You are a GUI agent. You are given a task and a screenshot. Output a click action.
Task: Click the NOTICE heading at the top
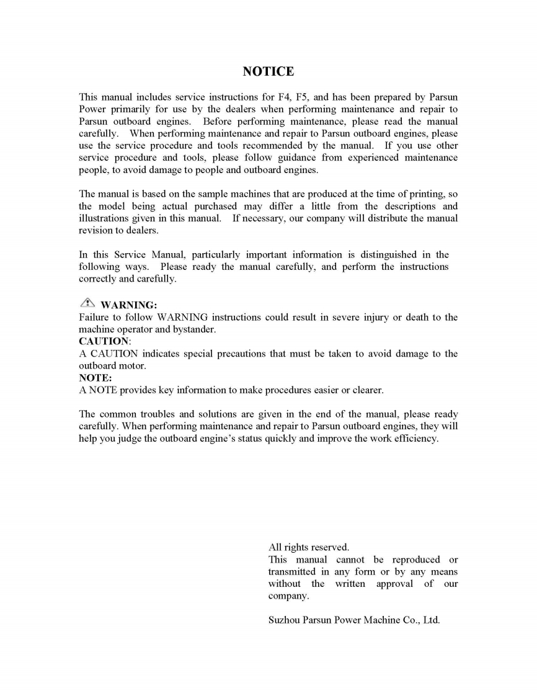coord(268,72)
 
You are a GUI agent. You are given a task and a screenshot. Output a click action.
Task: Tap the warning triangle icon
coord(87,303)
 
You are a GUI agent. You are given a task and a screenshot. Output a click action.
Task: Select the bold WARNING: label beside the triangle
coord(129,305)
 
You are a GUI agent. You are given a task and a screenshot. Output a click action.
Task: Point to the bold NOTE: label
coord(95,378)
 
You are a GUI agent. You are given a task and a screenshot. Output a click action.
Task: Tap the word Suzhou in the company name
coord(283,620)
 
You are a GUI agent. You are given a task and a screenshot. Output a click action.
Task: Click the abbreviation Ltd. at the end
coord(431,620)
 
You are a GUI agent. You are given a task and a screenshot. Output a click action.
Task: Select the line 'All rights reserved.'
coord(309,547)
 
